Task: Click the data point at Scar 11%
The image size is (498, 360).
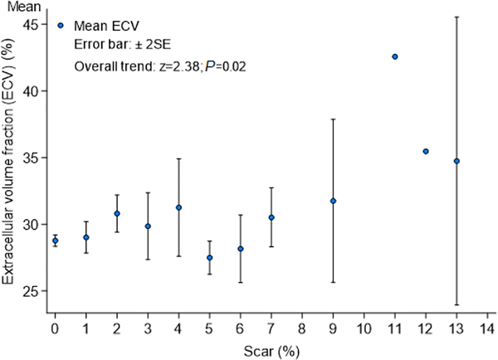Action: pos(395,56)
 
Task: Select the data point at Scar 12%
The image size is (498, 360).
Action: pos(426,151)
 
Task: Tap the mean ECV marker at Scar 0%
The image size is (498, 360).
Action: pos(56,241)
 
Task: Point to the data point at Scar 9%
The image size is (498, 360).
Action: pos(333,201)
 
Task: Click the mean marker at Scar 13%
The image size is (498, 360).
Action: pos(456,161)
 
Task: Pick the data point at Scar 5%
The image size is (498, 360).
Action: pos(210,258)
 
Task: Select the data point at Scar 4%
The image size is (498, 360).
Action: pos(178,207)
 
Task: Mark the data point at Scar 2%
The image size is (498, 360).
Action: pos(117,213)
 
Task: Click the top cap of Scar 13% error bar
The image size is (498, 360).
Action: pos(456,17)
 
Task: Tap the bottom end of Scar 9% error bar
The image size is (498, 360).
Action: pos(333,282)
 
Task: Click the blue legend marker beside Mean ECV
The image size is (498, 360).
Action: pos(61,25)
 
